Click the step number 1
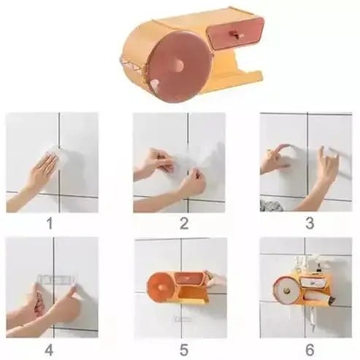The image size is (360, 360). click(50, 223)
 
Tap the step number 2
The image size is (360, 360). click(183, 223)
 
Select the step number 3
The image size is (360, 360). click(309, 223)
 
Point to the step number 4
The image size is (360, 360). click(50, 348)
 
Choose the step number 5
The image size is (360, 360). click(183, 348)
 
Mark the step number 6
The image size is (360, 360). click(309, 348)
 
